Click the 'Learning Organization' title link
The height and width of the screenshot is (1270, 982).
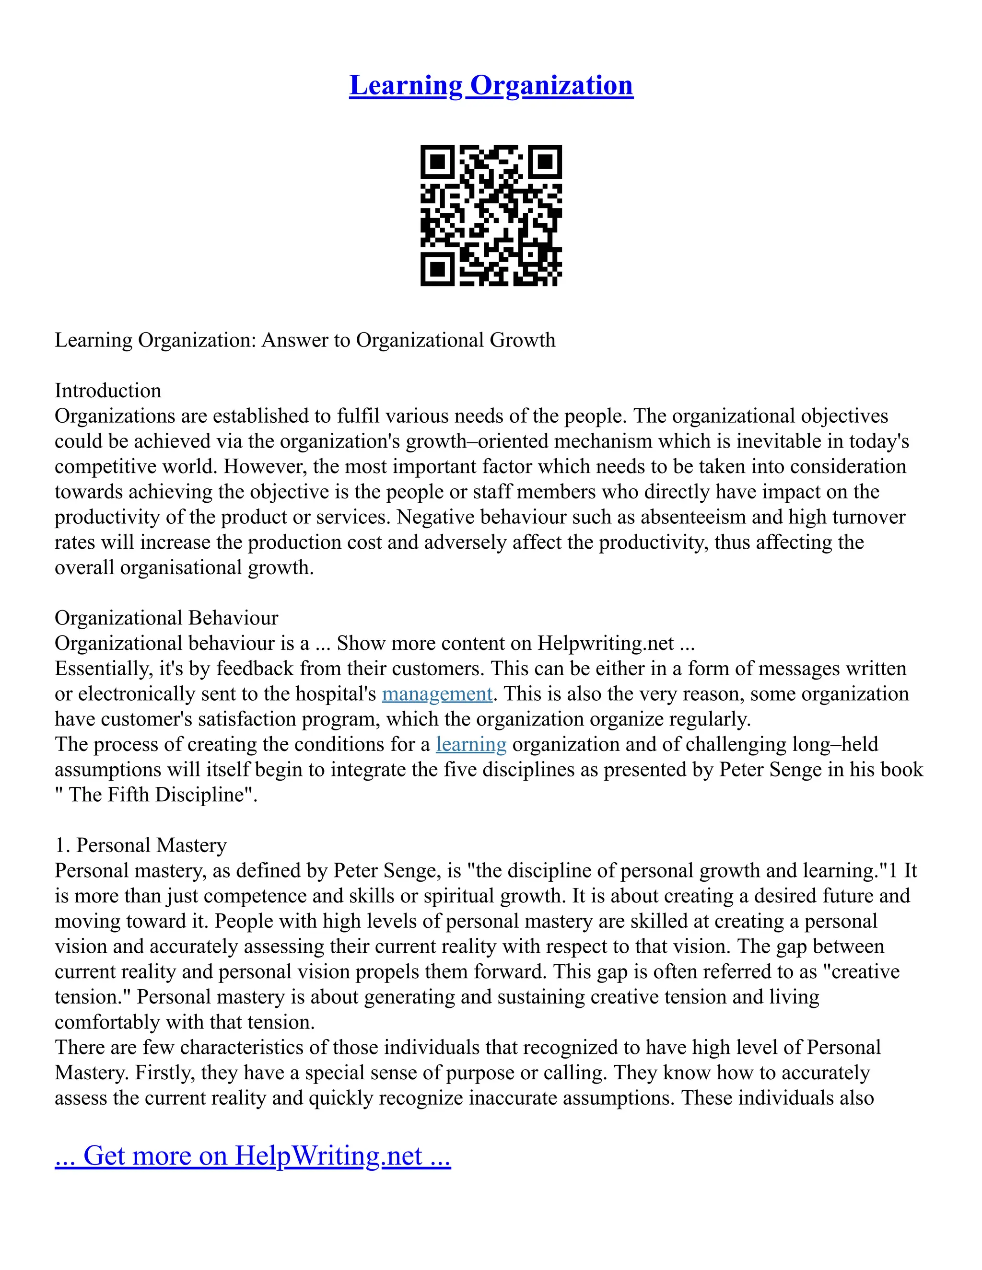[x=491, y=85]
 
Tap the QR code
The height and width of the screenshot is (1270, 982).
[x=491, y=215]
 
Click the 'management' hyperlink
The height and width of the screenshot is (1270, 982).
[x=437, y=694]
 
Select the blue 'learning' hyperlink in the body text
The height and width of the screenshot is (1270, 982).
[x=471, y=744]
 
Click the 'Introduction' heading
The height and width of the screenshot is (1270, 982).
[x=107, y=390]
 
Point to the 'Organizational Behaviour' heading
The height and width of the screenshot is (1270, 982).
[x=166, y=618]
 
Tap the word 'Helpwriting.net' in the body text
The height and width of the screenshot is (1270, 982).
[x=606, y=643]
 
